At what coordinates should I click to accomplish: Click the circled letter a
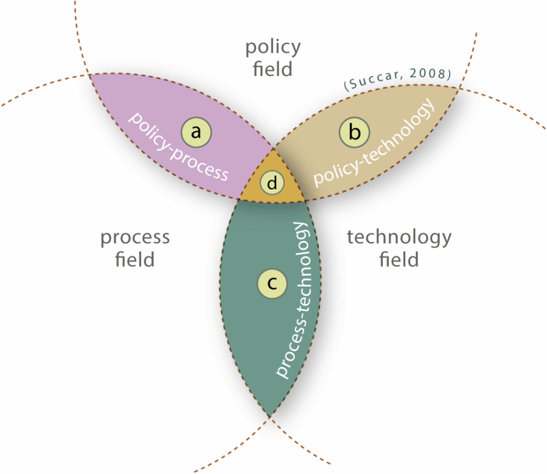point(196,132)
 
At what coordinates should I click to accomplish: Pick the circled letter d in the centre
point(272,183)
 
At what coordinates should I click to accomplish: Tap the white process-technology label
point(294,299)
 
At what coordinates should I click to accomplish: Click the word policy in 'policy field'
point(273,48)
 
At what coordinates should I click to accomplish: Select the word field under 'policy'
point(273,70)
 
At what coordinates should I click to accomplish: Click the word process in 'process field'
point(135,237)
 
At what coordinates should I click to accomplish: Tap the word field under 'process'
point(135,259)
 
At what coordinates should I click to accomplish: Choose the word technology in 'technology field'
point(399,236)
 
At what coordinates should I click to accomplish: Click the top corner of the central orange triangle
point(273,149)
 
